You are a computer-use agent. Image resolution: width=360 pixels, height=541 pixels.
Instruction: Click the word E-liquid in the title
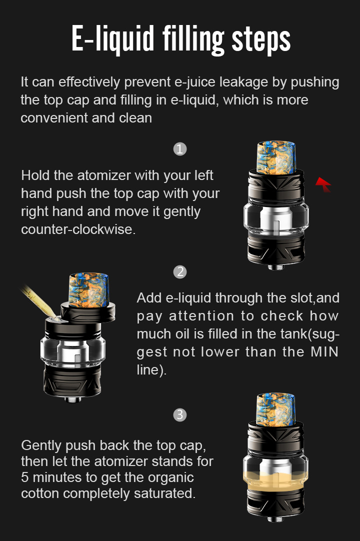(112, 38)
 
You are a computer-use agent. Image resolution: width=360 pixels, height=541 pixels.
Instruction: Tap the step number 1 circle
(180, 149)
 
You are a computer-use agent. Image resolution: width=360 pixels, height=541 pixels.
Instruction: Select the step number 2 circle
(180, 272)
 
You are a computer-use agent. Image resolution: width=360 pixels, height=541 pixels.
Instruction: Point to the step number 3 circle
(180, 414)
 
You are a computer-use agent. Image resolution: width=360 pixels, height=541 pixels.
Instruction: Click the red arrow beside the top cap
(323, 184)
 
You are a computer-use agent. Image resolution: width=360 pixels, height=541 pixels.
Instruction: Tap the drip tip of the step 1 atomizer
(276, 157)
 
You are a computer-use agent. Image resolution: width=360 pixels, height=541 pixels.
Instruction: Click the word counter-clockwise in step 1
(78, 229)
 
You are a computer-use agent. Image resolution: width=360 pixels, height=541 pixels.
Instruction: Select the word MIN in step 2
(324, 352)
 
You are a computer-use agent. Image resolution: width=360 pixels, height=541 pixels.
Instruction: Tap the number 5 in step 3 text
(25, 477)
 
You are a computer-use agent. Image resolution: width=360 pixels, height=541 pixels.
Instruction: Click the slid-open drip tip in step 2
(88, 290)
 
